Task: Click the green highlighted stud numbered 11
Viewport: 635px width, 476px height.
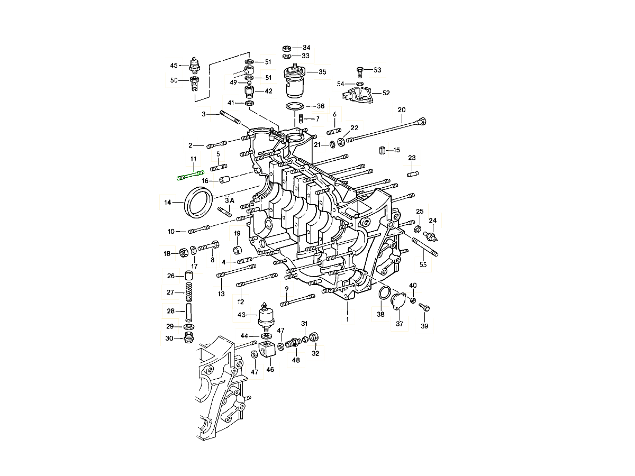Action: tap(189, 175)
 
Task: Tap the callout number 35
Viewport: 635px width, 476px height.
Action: tap(322, 72)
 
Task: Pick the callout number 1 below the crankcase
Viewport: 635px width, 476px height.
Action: tap(348, 319)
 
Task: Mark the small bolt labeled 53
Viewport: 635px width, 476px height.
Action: tap(360, 70)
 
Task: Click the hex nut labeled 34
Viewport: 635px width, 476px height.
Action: tap(288, 48)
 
